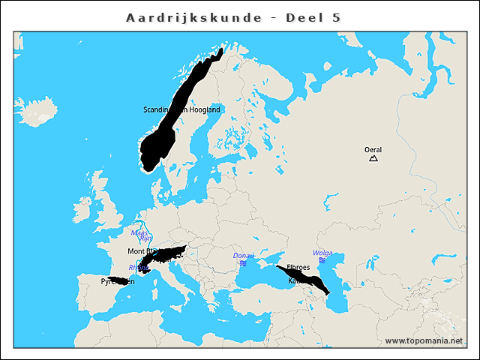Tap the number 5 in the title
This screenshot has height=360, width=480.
pyautogui.click(x=335, y=16)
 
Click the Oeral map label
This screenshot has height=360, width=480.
pyautogui.click(x=373, y=150)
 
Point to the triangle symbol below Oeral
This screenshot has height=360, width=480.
pyautogui.click(x=373, y=158)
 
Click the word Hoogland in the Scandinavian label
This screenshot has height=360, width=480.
pyautogui.click(x=204, y=109)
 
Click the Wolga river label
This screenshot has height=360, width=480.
pyautogui.click(x=322, y=253)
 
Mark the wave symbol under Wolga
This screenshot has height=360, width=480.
pyautogui.click(x=322, y=260)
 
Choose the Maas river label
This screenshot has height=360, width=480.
pyautogui.click(x=139, y=232)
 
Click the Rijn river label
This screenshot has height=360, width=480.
pyautogui.click(x=145, y=238)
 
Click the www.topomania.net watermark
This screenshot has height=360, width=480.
pyautogui.click(x=424, y=340)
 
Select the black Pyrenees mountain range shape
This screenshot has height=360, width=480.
pyautogui.click(x=118, y=280)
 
